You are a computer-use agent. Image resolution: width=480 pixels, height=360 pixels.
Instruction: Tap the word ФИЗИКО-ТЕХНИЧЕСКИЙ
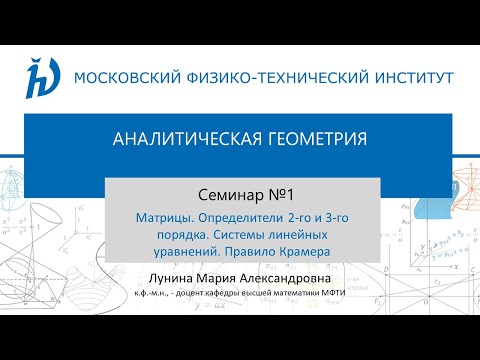point(269,76)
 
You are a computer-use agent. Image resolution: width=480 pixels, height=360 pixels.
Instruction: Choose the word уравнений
point(169,250)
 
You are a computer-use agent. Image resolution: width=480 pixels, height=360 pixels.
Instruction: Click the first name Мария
point(224,274)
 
